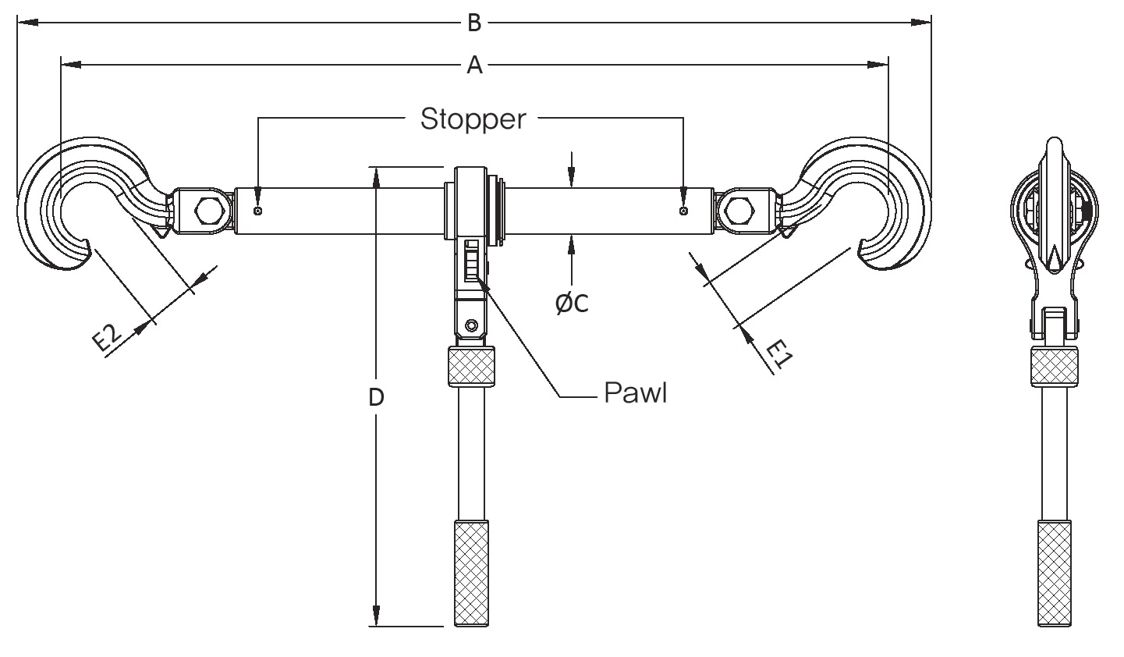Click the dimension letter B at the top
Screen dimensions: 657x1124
pyautogui.click(x=473, y=23)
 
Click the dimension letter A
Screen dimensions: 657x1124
pyautogui.click(x=474, y=66)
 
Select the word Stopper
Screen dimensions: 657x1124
pyautogui.click(x=473, y=119)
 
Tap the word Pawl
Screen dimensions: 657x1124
pyautogui.click(x=636, y=392)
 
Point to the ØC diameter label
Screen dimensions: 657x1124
pyautogui.click(x=572, y=303)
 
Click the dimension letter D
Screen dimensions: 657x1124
pyautogui.click(x=376, y=397)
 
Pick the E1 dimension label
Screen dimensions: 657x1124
pyautogui.click(x=778, y=353)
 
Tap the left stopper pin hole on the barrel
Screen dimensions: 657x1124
pyautogui.click(x=258, y=211)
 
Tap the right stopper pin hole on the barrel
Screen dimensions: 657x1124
pyautogui.click(x=683, y=211)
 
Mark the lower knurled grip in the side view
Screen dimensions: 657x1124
pyautogui.click(x=1055, y=574)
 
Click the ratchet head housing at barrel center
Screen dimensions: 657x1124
pyautogui.click(x=472, y=207)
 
